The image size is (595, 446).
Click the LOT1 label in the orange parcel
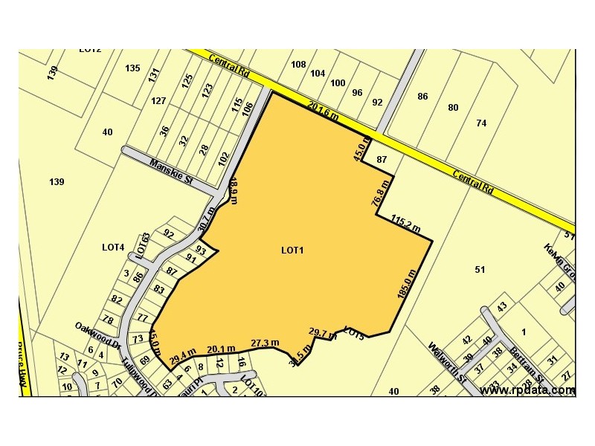(292, 251)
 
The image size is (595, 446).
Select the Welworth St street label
(447, 362)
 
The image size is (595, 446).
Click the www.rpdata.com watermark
(527, 390)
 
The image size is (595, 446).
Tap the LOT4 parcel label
(113, 247)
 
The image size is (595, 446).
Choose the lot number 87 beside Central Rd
(382, 160)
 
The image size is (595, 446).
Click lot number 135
(132, 68)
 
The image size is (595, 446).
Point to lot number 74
(481, 123)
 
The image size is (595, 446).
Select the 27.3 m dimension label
(265, 343)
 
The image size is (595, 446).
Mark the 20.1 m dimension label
(221, 348)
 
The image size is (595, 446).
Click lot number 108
(298, 65)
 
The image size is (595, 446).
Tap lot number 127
(158, 101)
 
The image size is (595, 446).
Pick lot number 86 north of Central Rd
(422, 97)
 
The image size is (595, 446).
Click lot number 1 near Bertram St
(524, 332)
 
